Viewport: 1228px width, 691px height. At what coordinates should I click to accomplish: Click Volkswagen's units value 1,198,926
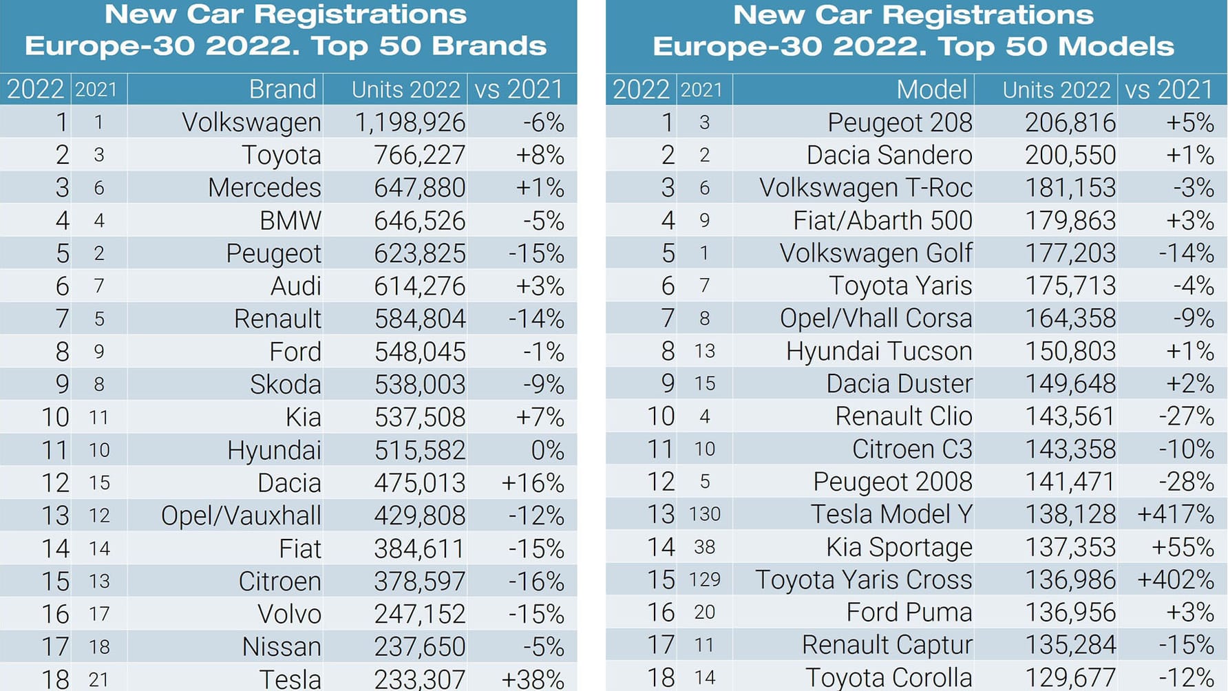click(410, 123)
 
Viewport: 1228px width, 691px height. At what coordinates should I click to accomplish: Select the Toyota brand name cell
click(281, 156)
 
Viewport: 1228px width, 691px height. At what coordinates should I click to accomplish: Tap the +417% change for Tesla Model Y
click(1175, 515)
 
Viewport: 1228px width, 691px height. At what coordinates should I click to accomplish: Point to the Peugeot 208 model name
click(899, 123)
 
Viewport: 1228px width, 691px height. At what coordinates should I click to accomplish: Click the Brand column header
click(282, 89)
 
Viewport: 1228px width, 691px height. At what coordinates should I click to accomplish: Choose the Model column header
click(931, 89)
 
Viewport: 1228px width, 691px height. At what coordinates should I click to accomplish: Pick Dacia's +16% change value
click(532, 483)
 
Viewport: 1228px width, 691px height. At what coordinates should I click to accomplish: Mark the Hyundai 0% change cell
click(547, 451)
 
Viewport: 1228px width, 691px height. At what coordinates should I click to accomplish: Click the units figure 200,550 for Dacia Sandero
click(1070, 156)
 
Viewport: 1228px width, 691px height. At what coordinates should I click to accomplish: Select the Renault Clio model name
click(903, 416)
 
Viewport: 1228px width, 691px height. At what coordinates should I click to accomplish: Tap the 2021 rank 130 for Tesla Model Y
click(704, 514)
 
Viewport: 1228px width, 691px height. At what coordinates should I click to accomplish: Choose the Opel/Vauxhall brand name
click(241, 516)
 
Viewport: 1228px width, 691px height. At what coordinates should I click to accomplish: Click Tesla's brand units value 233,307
click(419, 679)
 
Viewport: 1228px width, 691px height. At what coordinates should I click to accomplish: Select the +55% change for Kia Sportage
click(1182, 547)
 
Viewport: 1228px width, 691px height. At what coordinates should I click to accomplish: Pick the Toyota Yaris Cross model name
click(863, 580)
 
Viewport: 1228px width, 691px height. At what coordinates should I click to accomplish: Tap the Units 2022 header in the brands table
click(405, 90)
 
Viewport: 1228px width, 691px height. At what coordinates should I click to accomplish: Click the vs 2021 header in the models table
click(1168, 90)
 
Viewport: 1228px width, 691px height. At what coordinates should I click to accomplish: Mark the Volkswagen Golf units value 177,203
click(1070, 253)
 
